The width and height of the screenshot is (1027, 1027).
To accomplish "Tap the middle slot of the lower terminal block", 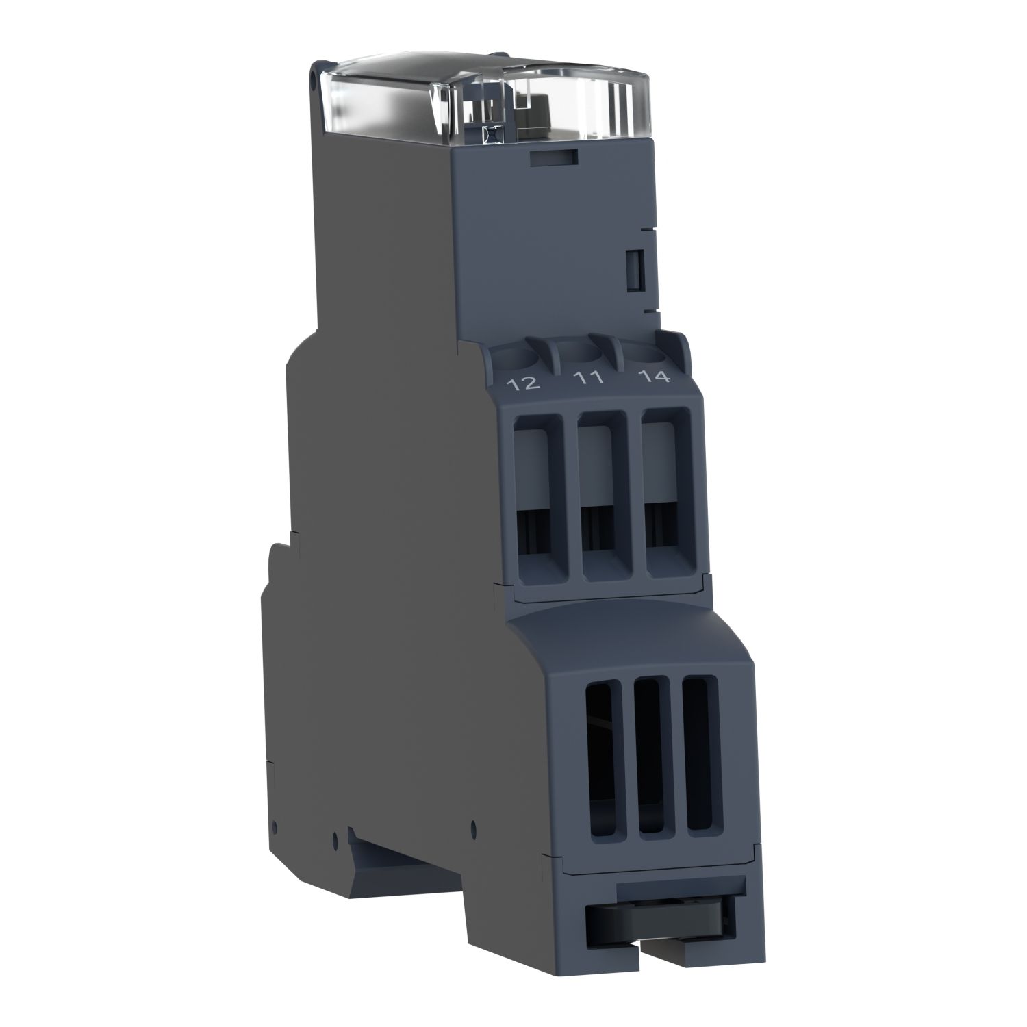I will pyautogui.click(x=652, y=760).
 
